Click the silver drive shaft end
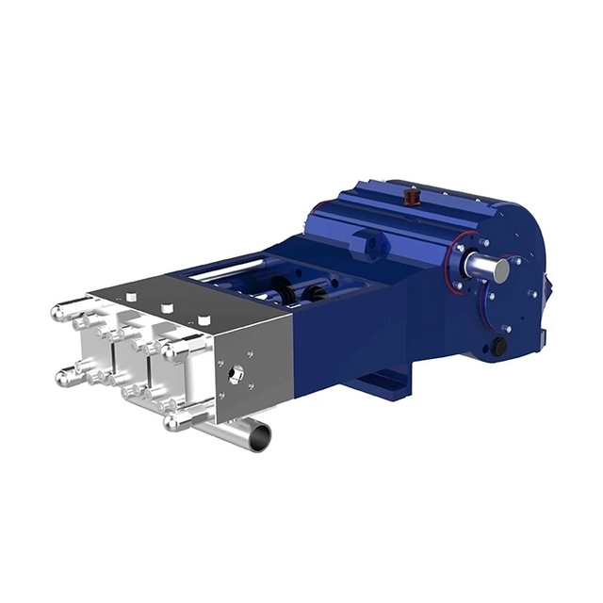pyautogui.click(x=498, y=270)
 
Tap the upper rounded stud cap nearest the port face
pyautogui.click(x=173, y=350)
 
